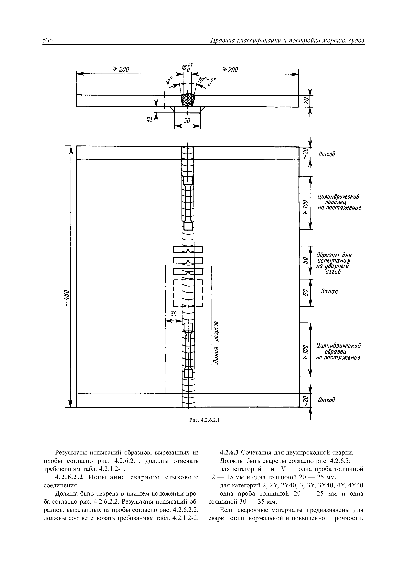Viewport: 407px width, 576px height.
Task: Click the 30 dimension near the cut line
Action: [173, 314]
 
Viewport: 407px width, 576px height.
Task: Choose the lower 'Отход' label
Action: [327, 400]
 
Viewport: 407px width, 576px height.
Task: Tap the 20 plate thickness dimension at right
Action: [305, 101]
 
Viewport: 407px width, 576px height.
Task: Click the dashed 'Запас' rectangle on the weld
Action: [188, 293]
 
